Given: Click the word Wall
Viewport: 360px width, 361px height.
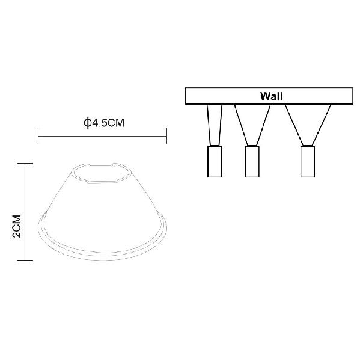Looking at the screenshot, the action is pyautogui.click(x=271, y=96).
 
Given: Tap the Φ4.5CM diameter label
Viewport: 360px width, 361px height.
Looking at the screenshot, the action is pyautogui.click(x=104, y=123).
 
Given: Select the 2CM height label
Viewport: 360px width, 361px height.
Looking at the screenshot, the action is pyautogui.click(x=17, y=226).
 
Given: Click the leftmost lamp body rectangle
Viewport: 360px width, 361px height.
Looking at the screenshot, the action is pyautogui.click(x=215, y=162).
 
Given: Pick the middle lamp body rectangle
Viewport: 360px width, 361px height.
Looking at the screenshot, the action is pyautogui.click(x=252, y=162).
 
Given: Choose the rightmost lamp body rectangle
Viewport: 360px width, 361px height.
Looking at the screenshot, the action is pyautogui.click(x=308, y=162).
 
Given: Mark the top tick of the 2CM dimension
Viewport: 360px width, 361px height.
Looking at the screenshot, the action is pyautogui.click(x=25, y=164).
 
